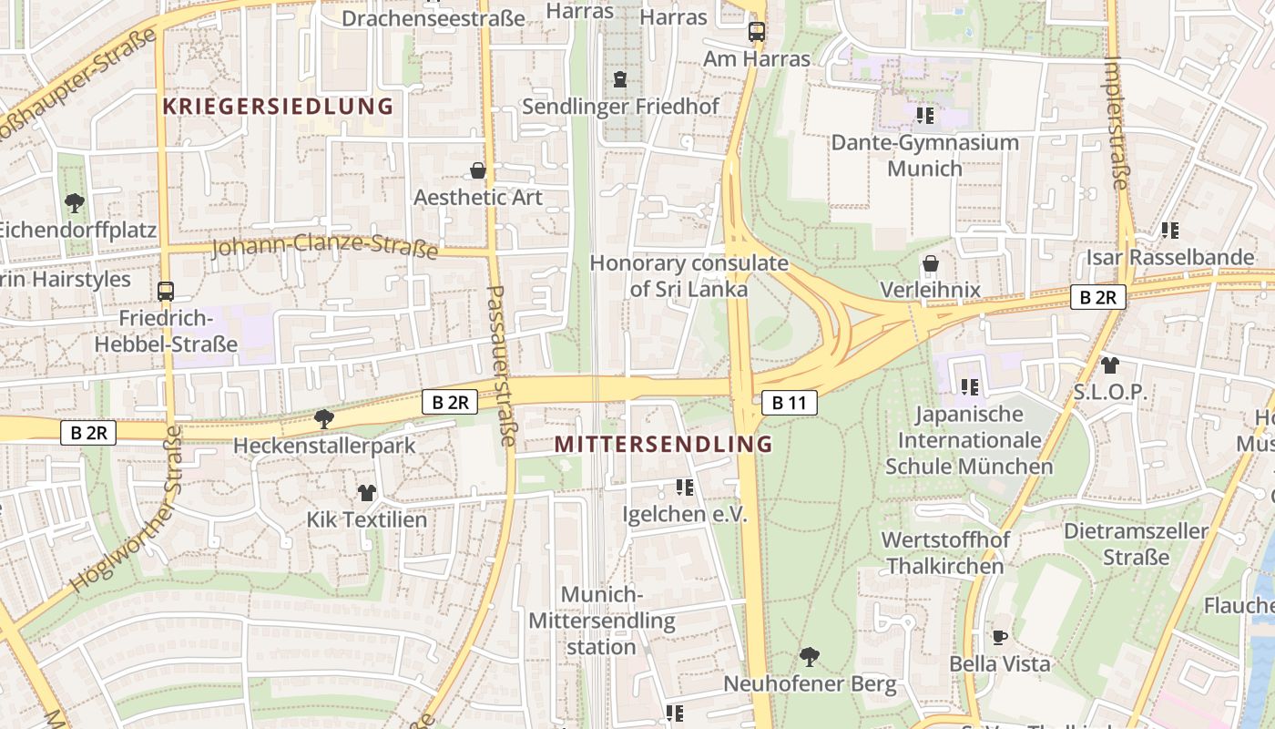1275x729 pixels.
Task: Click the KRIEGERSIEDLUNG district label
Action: click(x=278, y=107)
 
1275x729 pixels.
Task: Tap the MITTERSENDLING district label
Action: click(x=663, y=445)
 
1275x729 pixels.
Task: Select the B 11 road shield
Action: click(x=789, y=402)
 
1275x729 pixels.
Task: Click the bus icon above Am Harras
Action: click(x=757, y=32)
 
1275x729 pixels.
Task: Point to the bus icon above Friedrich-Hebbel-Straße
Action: click(x=166, y=292)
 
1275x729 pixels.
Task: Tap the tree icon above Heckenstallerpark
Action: click(x=322, y=419)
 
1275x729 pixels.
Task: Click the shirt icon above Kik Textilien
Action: click(x=366, y=493)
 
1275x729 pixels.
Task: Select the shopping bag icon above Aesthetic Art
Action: click(x=477, y=170)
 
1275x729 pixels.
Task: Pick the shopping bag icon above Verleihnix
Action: click(x=931, y=264)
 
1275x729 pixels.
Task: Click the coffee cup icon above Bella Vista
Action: click(x=999, y=637)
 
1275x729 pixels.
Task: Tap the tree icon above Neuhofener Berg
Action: click(x=809, y=656)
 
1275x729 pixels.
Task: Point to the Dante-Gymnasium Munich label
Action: click(x=924, y=156)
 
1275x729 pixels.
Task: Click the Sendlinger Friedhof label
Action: click(x=620, y=107)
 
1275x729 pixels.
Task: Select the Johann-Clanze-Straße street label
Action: click(x=324, y=247)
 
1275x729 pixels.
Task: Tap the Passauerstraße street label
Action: click(x=501, y=364)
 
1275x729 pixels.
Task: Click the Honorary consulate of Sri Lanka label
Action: click(x=688, y=276)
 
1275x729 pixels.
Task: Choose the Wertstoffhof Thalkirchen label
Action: click(x=945, y=552)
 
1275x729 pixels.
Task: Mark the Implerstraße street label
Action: click(x=1117, y=123)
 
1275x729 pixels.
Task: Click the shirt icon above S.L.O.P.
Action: click(x=1108, y=365)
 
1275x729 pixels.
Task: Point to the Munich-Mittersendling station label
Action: click(x=601, y=621)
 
